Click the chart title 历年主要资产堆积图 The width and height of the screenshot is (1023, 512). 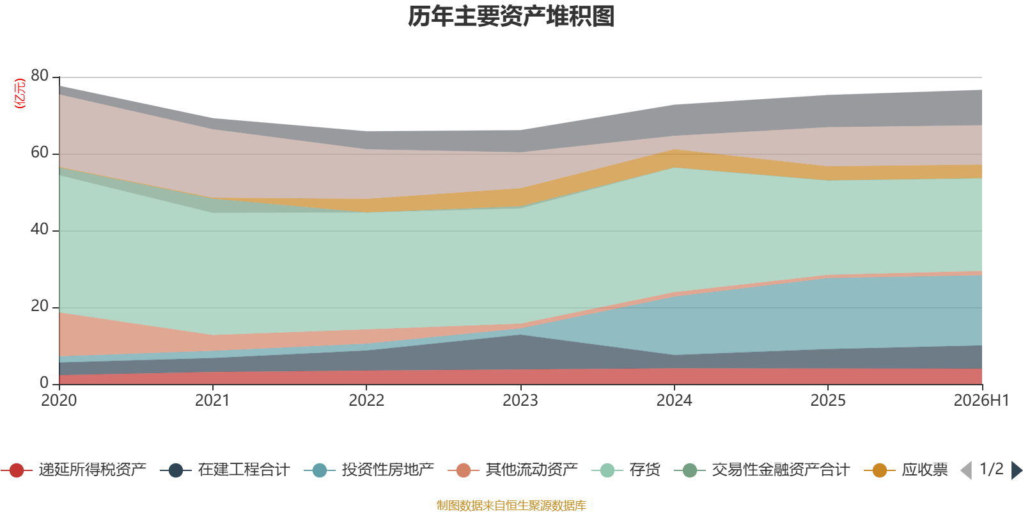point(511,17)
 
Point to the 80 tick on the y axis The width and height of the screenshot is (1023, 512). point(40,76)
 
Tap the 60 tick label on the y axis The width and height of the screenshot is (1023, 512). point(40,152)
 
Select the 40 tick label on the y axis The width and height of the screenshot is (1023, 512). point(40,229)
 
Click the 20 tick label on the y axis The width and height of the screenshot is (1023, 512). point(40,306)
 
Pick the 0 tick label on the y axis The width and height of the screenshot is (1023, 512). point(44,383)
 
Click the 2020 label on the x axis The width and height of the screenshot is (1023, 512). point(59,401)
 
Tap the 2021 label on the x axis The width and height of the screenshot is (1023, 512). point(212,401)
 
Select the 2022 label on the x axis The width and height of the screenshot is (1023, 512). point(366,401)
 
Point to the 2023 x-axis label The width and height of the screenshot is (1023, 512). point(520,401)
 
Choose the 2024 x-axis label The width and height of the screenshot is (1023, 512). point(674,401)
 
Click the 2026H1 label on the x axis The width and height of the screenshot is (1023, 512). point(981,401)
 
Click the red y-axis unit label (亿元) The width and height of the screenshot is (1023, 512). point(20,93)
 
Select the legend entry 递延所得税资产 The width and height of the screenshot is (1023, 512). point(74,470)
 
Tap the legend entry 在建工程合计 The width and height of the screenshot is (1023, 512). point(225,470)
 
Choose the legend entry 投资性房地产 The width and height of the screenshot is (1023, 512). point(369,470)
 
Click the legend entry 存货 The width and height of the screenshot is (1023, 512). point(626,470)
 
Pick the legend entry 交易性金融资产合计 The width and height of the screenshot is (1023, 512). point(762,470)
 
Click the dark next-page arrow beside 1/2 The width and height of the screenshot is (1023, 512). point(1017,470)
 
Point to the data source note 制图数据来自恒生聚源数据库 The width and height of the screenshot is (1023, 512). point(511,505)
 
